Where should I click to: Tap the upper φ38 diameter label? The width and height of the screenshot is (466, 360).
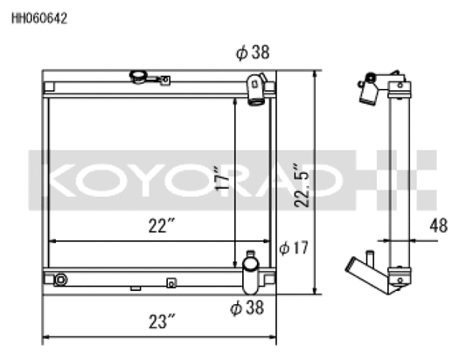(x=252, y=53)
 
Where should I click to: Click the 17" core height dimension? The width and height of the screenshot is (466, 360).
(x=223, y=179)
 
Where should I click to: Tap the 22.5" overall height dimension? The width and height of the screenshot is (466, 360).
(x=300, y=184)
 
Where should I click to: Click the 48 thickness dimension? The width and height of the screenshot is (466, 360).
(x=438, y=226)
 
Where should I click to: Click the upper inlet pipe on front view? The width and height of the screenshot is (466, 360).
(x=255, y=89)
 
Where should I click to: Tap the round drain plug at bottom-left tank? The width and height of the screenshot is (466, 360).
(x=60, y=280)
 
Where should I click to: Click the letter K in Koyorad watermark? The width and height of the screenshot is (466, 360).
(x=59, y=181)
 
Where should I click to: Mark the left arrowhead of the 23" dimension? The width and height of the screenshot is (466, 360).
(x=46, y=336)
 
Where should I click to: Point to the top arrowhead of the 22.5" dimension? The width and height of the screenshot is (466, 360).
(x=314, y=75)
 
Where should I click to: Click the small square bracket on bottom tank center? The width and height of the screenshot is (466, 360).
(x=171, y=282)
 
